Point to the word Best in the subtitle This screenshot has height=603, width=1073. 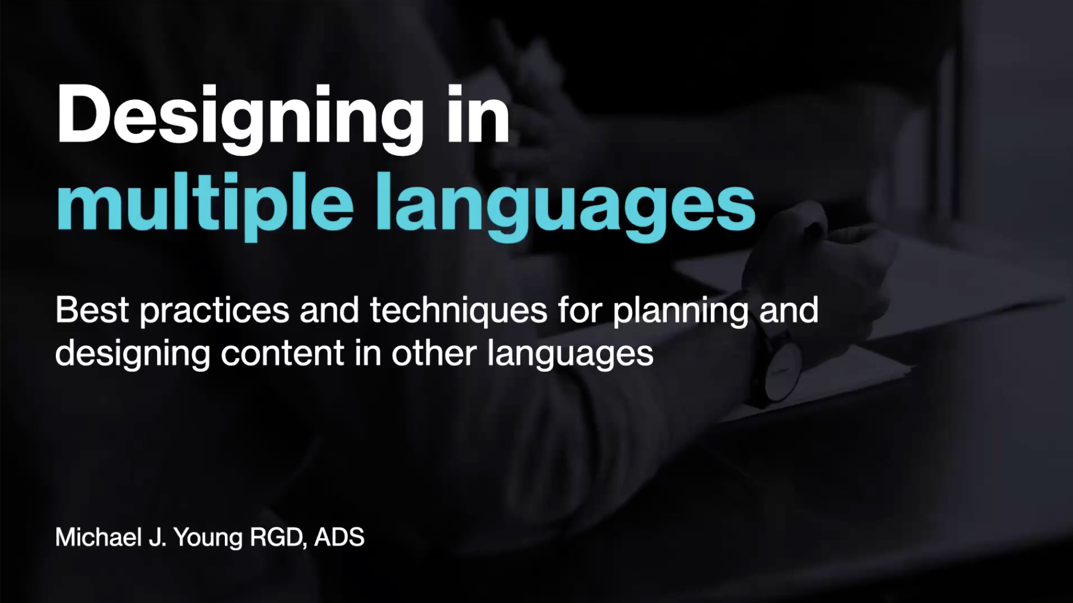tap(92, 310)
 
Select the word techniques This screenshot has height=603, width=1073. tap(459, 311)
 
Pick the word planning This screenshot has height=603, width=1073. tap(680, 311)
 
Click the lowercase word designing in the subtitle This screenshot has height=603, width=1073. tap(133, 354)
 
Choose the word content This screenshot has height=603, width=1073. tap(283, 353)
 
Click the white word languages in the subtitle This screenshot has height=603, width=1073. tap(570, 354)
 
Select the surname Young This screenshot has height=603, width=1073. tap(208, 538)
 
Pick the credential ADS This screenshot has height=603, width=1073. tap(339, 537)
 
